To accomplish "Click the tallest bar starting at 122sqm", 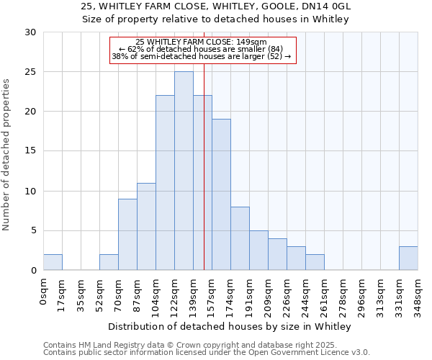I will tap(184, 171).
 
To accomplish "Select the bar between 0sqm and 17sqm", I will tap(53, 262).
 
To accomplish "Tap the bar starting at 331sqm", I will tap(408, 258).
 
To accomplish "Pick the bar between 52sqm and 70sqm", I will tap(109, 262).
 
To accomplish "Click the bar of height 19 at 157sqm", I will tap(221, 194).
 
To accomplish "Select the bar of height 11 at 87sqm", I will tap(146, 227).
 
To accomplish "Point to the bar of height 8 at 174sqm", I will tap(240, 238).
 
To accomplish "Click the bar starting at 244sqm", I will tap(315, 262).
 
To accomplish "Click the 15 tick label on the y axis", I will tap(31, 151).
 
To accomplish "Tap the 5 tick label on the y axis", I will tap(33, 231).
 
